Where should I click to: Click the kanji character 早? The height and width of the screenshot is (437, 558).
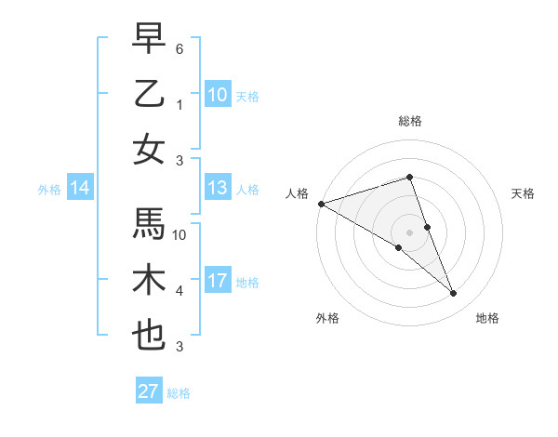coord(149,39)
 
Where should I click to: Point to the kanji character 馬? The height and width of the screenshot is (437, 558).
coord(149,224)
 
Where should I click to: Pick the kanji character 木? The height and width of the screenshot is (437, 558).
coord(149,280)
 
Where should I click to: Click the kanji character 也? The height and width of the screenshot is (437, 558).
coord(149,336)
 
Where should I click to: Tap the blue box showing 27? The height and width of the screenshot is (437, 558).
coord(149,391)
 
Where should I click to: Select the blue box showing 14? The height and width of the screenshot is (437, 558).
coord(80,189)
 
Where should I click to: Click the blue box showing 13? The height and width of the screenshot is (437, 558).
coord(218,189)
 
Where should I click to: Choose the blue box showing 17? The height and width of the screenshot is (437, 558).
coord(218,282)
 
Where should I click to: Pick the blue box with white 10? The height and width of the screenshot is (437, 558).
coord(218,95)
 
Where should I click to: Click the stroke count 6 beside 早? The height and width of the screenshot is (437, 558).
coord(179,48)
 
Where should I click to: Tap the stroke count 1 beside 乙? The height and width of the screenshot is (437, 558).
coord(179,104)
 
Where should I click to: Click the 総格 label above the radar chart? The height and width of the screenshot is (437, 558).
coord(409,122)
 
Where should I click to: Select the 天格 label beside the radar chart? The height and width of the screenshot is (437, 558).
coord(524,193)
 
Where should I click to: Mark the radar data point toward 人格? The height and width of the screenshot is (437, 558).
coord(321,204)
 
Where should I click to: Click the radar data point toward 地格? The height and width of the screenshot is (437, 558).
coord(454,294)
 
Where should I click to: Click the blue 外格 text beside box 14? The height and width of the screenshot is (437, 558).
coord(49,190)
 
